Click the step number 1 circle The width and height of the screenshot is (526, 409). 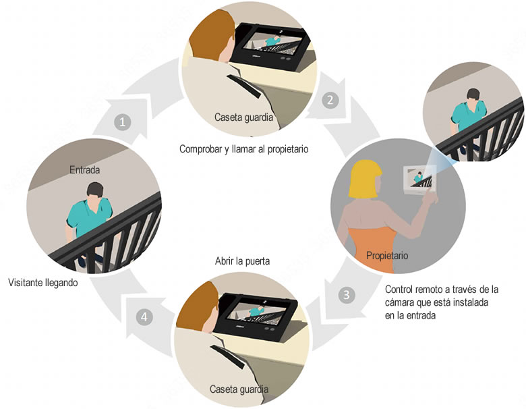tap(122, 122)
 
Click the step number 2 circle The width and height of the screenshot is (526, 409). tap(330, 101)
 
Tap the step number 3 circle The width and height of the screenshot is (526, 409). tap(346, 295)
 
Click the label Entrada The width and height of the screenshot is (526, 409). tap(85, 171)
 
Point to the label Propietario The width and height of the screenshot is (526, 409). tap(386, 256)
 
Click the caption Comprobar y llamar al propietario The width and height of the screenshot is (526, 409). tap(243, 148)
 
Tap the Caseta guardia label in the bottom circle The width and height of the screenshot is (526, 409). tap(239, 389)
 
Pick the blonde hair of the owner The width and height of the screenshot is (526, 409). tap(364, 180)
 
